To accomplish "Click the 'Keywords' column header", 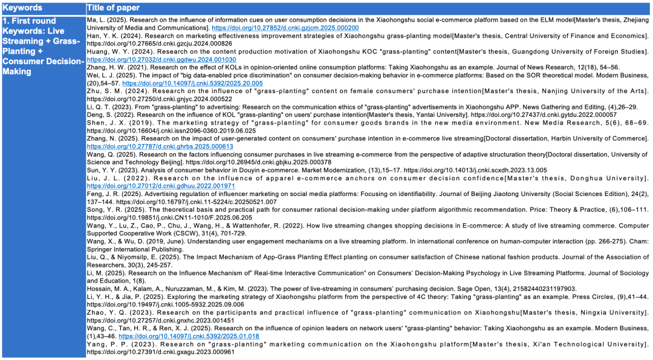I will pyautogui.click(x=22, y=8).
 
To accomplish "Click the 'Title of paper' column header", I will pyautogui.click(x=113, y=8).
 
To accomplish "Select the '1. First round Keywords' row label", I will pyautogui.click(x=42, y=46).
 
